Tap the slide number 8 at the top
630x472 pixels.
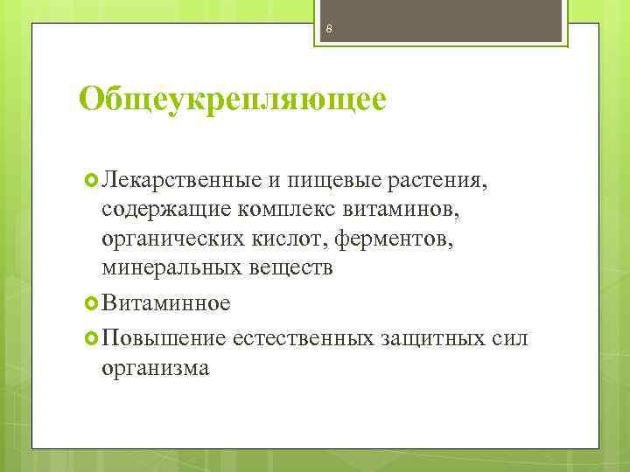point(328,31)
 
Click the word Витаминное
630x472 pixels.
point(166,303)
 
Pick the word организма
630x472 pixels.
point(156,367)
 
